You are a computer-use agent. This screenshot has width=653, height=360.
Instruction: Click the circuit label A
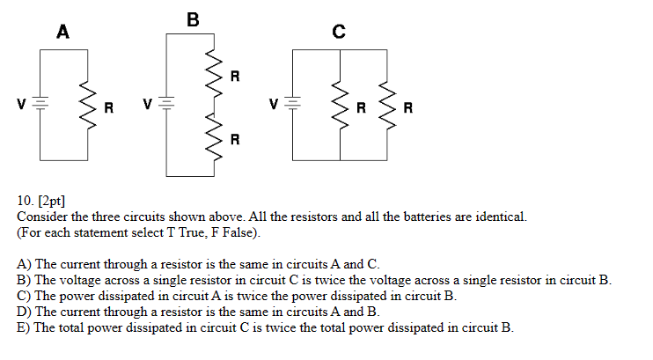pyautogui.click(x=62, y=33)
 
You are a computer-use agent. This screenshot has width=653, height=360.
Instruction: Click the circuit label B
pyautogui.click(x=193, y=18)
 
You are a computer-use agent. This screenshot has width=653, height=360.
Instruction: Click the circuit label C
pyautogui.click(x=339, y=33)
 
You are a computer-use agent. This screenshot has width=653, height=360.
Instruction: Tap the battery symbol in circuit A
pyautogui.click(x=41, y=104)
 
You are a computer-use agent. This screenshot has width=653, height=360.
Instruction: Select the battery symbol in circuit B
pyautogui.click(x=169, y=104)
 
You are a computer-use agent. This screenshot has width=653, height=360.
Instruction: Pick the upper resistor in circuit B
pyautogui.click(x=212, y=72)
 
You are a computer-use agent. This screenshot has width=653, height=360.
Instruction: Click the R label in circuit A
pyautogui.click(x=109, y=109)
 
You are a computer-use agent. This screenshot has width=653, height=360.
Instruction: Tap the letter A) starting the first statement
pyautogui.click(x=24, y=264)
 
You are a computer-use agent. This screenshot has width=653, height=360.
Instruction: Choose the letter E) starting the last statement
pyautogui.click(x=24, y=327)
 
